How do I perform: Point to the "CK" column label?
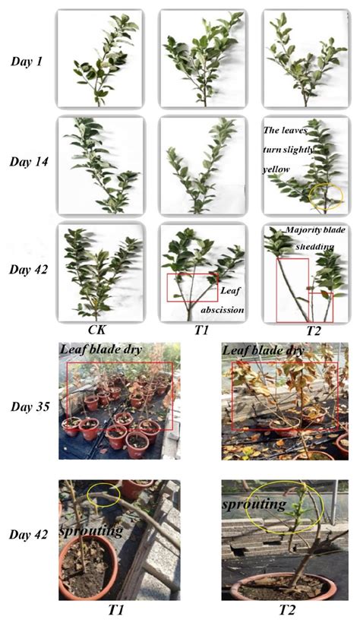[x=96, y=330]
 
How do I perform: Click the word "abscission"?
[x=222, y=309]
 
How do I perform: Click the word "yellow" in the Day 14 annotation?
[x=279, y=170]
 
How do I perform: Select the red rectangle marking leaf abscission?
[x=191, y=287]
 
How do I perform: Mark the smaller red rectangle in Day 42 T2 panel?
[x=321, y=305]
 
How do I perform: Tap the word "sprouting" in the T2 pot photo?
[x=254, y=504]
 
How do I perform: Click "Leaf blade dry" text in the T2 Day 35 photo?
[x=263, y=350]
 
